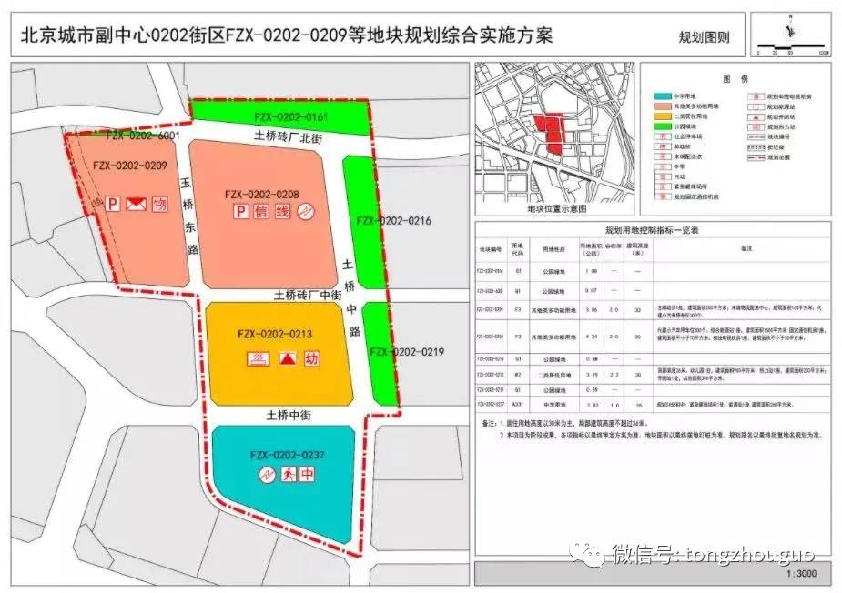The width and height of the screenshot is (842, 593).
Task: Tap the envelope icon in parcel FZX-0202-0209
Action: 136,204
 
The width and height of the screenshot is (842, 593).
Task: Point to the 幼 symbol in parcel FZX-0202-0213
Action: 312,358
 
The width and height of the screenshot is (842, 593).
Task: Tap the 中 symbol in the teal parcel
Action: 309,474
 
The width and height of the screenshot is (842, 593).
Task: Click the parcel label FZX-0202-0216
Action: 393,221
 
